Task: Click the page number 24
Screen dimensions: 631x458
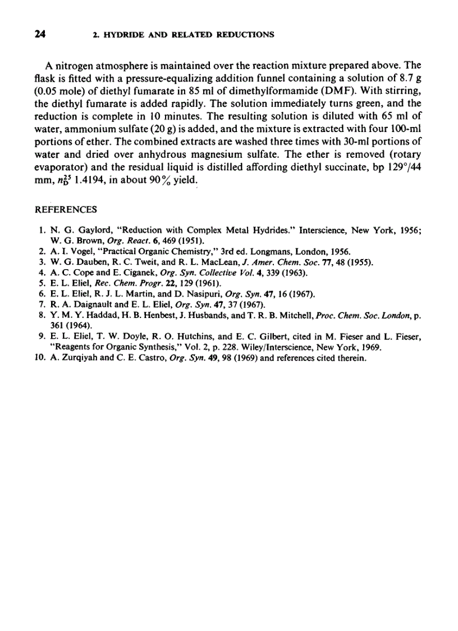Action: [39, 34]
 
